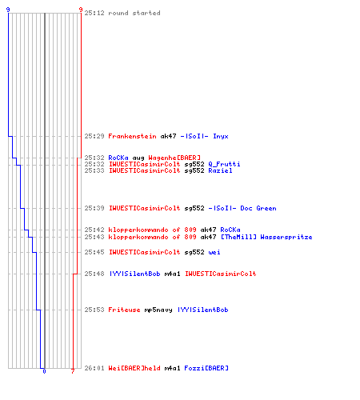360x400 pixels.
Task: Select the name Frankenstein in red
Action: coord(132,136)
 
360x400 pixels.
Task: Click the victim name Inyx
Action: coord(221,137)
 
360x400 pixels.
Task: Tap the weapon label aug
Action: coord(138,158)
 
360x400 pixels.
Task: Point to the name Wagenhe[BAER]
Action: coord(174,158)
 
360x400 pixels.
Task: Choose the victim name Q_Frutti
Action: coord(224,164)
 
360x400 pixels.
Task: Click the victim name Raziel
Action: coord(220,170)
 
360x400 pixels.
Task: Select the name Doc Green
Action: coord(258,208)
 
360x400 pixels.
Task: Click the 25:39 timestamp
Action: coord(94,208)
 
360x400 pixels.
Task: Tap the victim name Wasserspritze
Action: coord(286,237)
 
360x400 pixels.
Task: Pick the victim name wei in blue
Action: coord(214,252)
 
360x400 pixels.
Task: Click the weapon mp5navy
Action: coord(158,310)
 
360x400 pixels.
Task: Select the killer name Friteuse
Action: coord(124,310)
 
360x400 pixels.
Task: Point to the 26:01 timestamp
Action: coord(94,368)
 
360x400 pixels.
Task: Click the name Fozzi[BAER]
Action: coord(206,368)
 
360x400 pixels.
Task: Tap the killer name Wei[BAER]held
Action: coord(134,368)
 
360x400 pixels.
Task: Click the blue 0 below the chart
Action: coord(44,371)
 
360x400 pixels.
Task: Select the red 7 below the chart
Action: coord(73,371)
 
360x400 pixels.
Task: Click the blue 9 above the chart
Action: coord(8,10)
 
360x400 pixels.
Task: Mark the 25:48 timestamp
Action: coord(94,274)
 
